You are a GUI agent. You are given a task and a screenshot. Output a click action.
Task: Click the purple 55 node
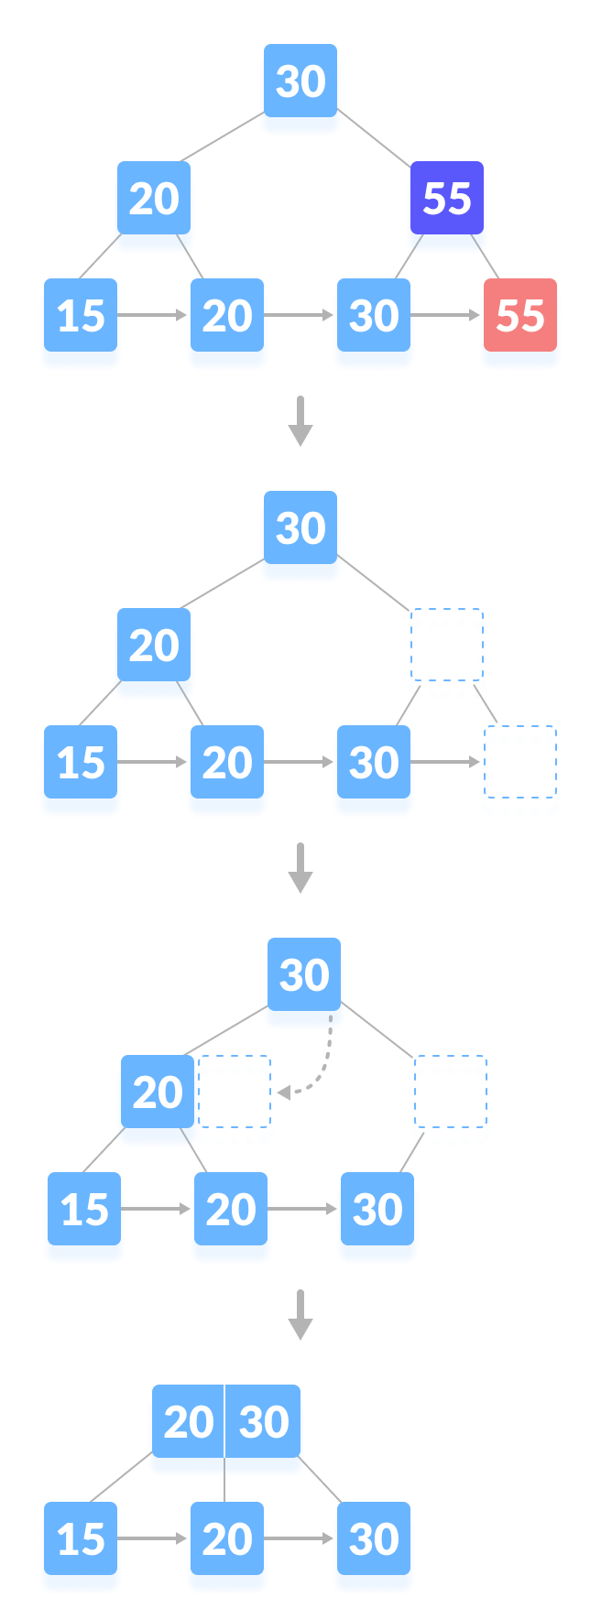[x=446, y=199]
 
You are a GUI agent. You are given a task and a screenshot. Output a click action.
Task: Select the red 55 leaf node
[x=519, y=316]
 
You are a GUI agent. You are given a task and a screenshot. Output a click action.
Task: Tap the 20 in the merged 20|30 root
[x=188, y=1422]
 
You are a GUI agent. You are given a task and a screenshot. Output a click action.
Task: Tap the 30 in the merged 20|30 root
[x=264, y=1422]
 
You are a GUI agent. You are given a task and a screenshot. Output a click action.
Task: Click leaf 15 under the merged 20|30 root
[x=81, y=1539]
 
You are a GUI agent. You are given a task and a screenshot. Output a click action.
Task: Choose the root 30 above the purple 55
[x=300, y=82]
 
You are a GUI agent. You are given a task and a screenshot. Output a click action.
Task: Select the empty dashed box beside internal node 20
[x=236, y=1102]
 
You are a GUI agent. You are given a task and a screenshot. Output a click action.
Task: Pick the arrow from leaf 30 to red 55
[x=446, y=316]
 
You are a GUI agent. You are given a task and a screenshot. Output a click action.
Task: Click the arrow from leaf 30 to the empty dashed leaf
[x=446, y=762]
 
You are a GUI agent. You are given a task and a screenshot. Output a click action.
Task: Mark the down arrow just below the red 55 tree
[x=300, y=421]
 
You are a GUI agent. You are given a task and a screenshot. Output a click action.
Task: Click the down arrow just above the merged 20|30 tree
[x=300, y=1315]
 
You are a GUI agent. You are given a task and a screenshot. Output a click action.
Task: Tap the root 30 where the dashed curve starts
[x=304, y=976]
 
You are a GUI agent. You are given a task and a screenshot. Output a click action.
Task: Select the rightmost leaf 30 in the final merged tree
[x=373, y=1539]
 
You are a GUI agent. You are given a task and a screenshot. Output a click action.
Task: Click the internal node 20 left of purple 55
[x=154, y=200]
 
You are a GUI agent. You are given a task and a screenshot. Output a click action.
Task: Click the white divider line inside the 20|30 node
[x=224, y=1422]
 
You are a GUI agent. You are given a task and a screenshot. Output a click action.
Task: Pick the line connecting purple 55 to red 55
[x=486, y=257]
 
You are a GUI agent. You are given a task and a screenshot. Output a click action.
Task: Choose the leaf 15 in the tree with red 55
[x=81, y=317]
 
